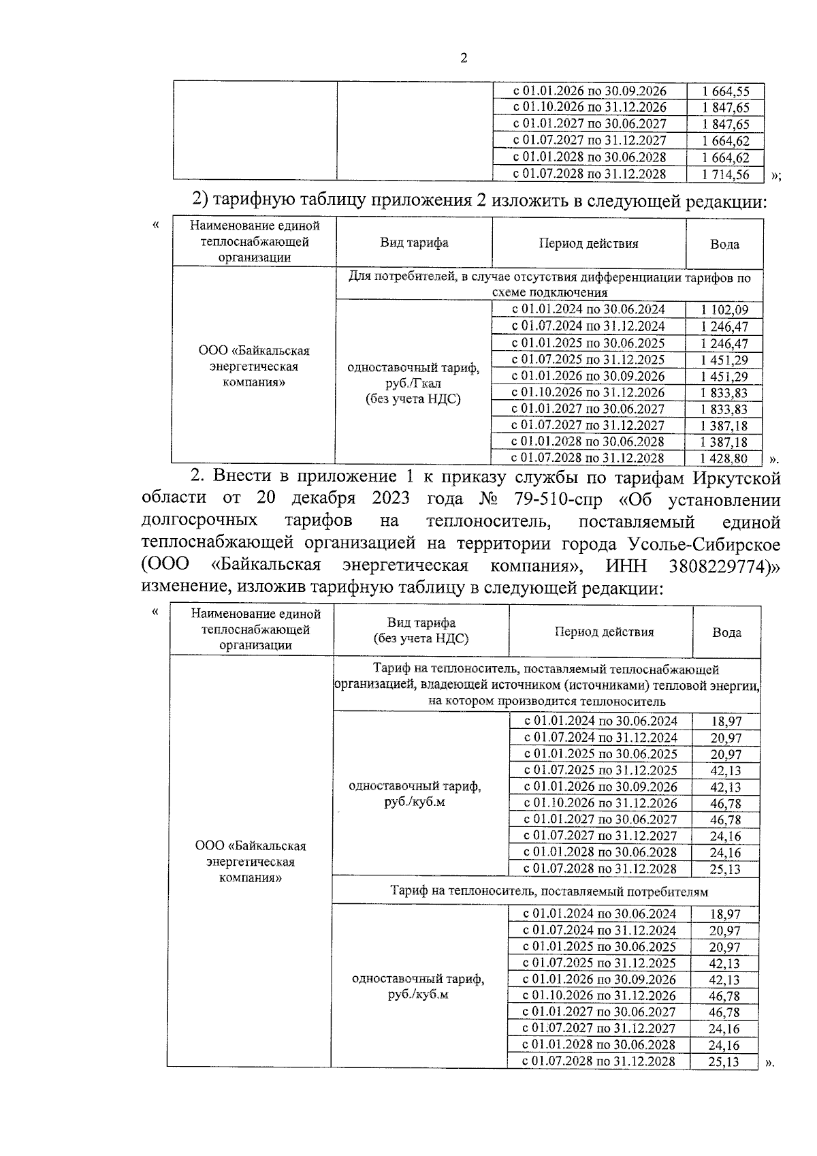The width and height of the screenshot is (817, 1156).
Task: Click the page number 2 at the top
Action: (464, 59)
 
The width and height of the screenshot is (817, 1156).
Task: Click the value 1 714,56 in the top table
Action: (725, 174)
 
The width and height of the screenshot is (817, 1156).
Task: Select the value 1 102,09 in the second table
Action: (724, 311)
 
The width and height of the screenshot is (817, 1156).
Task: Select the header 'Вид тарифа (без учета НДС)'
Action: (421, 631)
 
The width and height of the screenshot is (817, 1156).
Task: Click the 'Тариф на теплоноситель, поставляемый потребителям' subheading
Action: (549, 891)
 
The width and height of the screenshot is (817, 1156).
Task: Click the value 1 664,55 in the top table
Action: (725, 91)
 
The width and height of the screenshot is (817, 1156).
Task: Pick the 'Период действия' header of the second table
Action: (588, 244)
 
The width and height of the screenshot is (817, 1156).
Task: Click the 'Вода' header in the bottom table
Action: (726, 632)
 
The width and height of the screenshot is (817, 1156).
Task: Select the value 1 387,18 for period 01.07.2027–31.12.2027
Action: (724, 426)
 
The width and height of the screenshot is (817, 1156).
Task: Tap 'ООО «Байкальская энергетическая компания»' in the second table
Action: (253, 366)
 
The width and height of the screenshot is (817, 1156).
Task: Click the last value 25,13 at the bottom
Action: (724, 1062)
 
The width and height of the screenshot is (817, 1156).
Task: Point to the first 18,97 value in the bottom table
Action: (726, 721)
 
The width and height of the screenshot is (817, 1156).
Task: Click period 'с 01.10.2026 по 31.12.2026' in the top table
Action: (589, 108)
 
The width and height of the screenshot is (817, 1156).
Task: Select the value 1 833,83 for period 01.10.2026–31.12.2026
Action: (724, 393)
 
